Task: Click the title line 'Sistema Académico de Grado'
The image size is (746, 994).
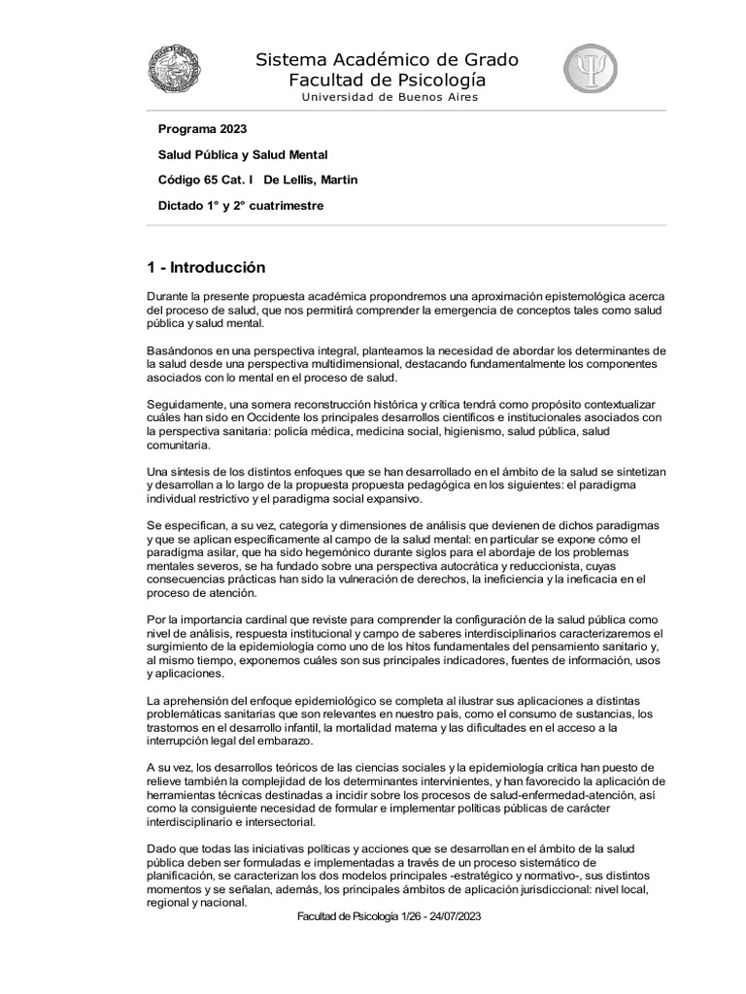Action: pyautogui.click(x=387, y=60)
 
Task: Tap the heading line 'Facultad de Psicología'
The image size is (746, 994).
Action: pyautogui.click(x=387, y=80)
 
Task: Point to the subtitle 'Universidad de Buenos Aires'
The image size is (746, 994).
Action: pyautogui.click(x=389, y=97)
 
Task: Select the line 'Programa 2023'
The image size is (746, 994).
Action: pyautogui.click(x=202, y=128)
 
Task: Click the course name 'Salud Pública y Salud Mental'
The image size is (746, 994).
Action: pyautogui.click(x=243, y=153)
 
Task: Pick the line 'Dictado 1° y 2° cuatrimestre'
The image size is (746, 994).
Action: pyautogui.click(x=240, y=206)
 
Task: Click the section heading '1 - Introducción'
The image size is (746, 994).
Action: pyautogui.click(x=205, y=267)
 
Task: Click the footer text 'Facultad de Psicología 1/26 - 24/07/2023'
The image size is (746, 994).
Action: pyautogui.click(x=389, y=915)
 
